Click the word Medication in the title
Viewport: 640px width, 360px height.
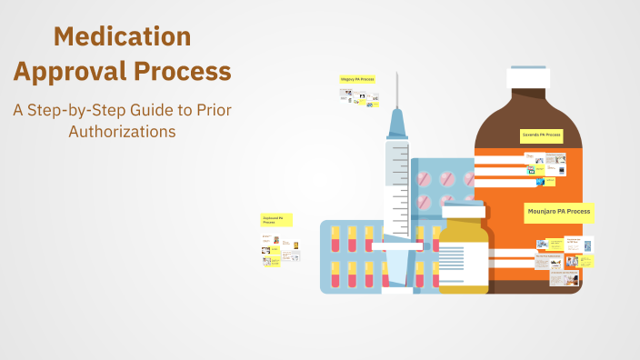coord(122,36)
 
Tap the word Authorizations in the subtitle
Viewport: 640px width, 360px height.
coord(122,131)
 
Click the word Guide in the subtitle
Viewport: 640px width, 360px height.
coord(157,111)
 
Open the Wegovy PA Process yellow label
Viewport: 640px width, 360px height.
coord(357,79)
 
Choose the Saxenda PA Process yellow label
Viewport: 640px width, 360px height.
coord(542,135)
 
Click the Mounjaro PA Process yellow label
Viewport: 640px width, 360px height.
coord(559,212)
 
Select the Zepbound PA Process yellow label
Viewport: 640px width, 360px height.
coord(276,220)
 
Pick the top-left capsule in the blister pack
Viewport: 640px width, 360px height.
coord(335,239)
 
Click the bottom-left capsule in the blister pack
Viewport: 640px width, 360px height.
coord(335,273)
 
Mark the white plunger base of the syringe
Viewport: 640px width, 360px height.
coord(396,288)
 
